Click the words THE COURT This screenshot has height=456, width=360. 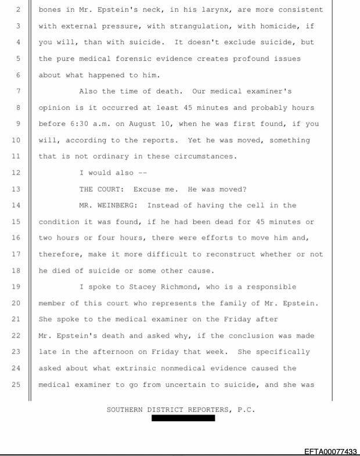(102, 189)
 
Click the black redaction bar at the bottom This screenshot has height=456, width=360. (183, 418)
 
